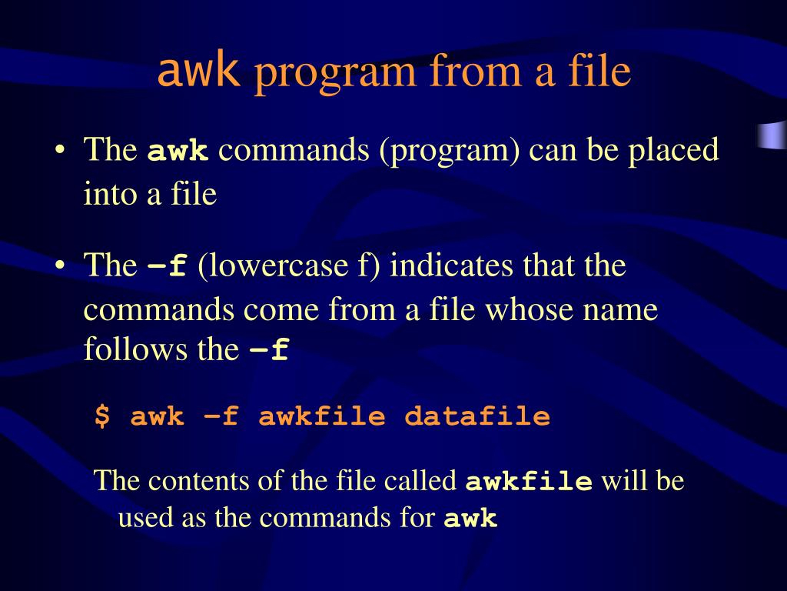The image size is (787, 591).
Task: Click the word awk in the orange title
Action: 198,72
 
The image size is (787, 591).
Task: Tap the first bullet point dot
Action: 59,149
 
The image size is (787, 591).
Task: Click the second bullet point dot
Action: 59,266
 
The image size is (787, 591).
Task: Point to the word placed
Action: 674,149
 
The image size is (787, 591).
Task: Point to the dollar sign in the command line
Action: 101,417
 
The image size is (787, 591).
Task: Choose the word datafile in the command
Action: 477,417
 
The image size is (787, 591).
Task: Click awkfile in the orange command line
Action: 322,417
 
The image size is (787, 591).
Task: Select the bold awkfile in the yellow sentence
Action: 530,482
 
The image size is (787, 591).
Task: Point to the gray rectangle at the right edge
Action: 772,135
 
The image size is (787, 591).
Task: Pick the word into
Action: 108,194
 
